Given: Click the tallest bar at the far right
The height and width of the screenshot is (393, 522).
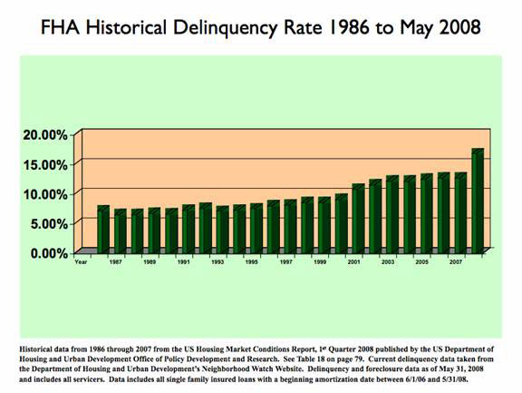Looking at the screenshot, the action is click(x=478, y=201).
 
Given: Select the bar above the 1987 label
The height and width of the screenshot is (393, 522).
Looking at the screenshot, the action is click(x=121, y=231).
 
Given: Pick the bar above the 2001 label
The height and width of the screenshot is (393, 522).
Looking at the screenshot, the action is click(x=359, y=219).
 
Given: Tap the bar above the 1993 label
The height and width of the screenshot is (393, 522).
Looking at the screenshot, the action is click(x=222, y=230).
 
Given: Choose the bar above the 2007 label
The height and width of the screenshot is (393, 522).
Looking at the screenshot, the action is click(x=460, y=213).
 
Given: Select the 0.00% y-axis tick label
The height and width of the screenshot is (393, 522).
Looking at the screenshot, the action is click(x=49, y=253).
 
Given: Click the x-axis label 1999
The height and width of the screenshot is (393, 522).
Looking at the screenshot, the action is click(x=320, y=262).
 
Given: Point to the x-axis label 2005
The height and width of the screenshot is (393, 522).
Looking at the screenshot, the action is click(x=421, y=262).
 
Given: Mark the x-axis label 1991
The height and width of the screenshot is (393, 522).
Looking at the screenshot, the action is click(x=183, y=262).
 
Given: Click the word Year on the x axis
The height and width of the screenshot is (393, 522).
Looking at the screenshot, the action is click(x=81, y=262).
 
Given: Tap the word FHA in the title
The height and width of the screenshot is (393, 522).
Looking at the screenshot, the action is click(x=60, y=27).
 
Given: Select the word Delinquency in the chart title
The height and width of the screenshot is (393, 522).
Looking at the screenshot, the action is click(x=225, y=28).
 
